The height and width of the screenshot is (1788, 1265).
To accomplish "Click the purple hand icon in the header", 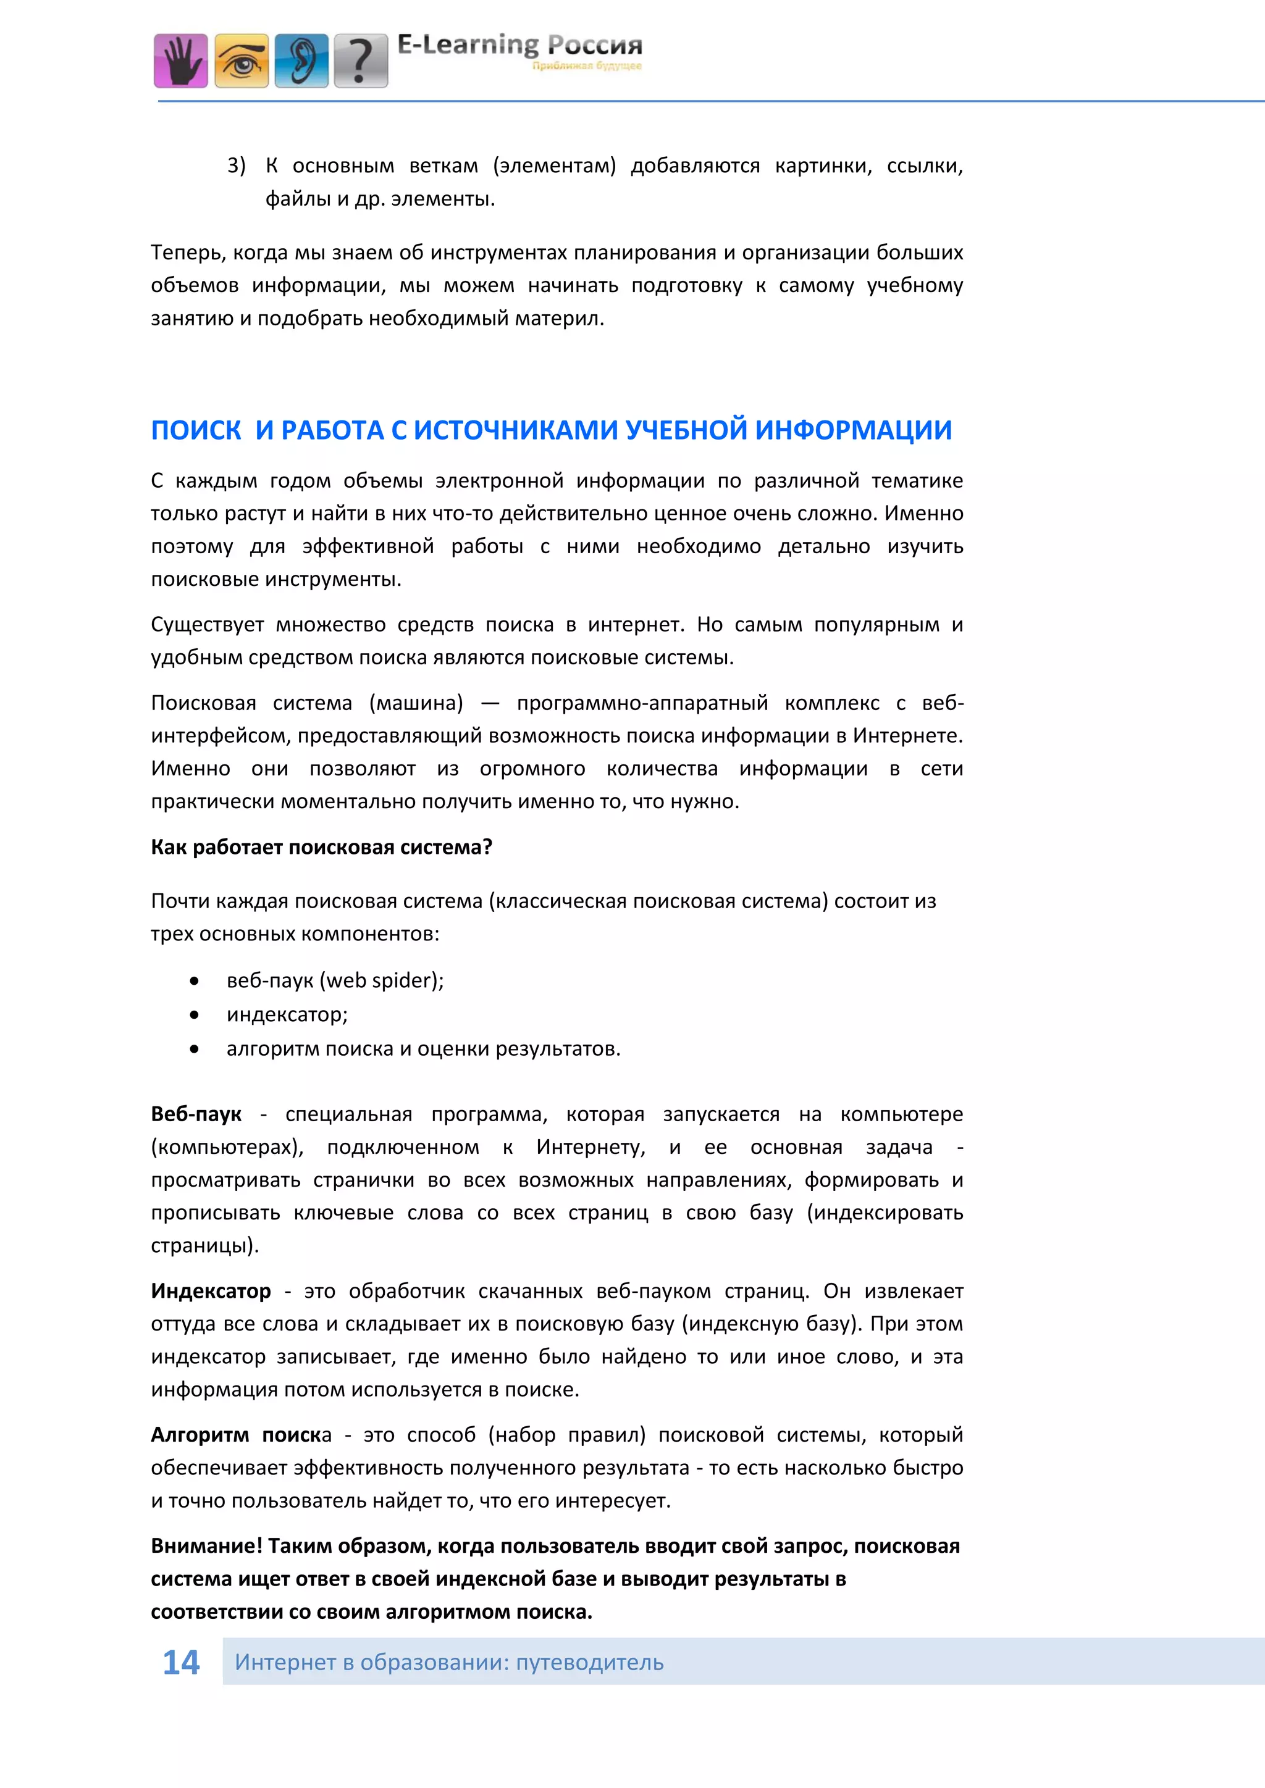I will click(181, 60).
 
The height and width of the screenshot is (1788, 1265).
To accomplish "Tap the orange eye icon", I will click(242, 60).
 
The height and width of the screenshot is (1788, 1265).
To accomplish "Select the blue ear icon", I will click(301, 60).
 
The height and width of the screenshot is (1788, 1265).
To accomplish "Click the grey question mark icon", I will click(361, 60).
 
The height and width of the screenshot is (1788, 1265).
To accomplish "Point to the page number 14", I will click(181, 1662).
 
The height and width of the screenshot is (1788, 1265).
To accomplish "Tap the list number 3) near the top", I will click(236, 166).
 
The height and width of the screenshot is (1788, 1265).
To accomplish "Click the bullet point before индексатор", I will click(194, 1015).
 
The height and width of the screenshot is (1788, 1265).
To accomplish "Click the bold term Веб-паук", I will click(196, 1114).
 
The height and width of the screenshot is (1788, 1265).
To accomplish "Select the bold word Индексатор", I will click(210, 1291).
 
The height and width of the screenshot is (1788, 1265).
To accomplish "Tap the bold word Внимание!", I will click(206, 1546).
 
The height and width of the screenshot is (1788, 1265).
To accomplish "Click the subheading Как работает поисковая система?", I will click(321, 847).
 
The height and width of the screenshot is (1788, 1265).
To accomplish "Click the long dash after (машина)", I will click(489, 703).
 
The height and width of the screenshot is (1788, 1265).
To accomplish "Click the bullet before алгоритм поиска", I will click(194, 1049).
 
